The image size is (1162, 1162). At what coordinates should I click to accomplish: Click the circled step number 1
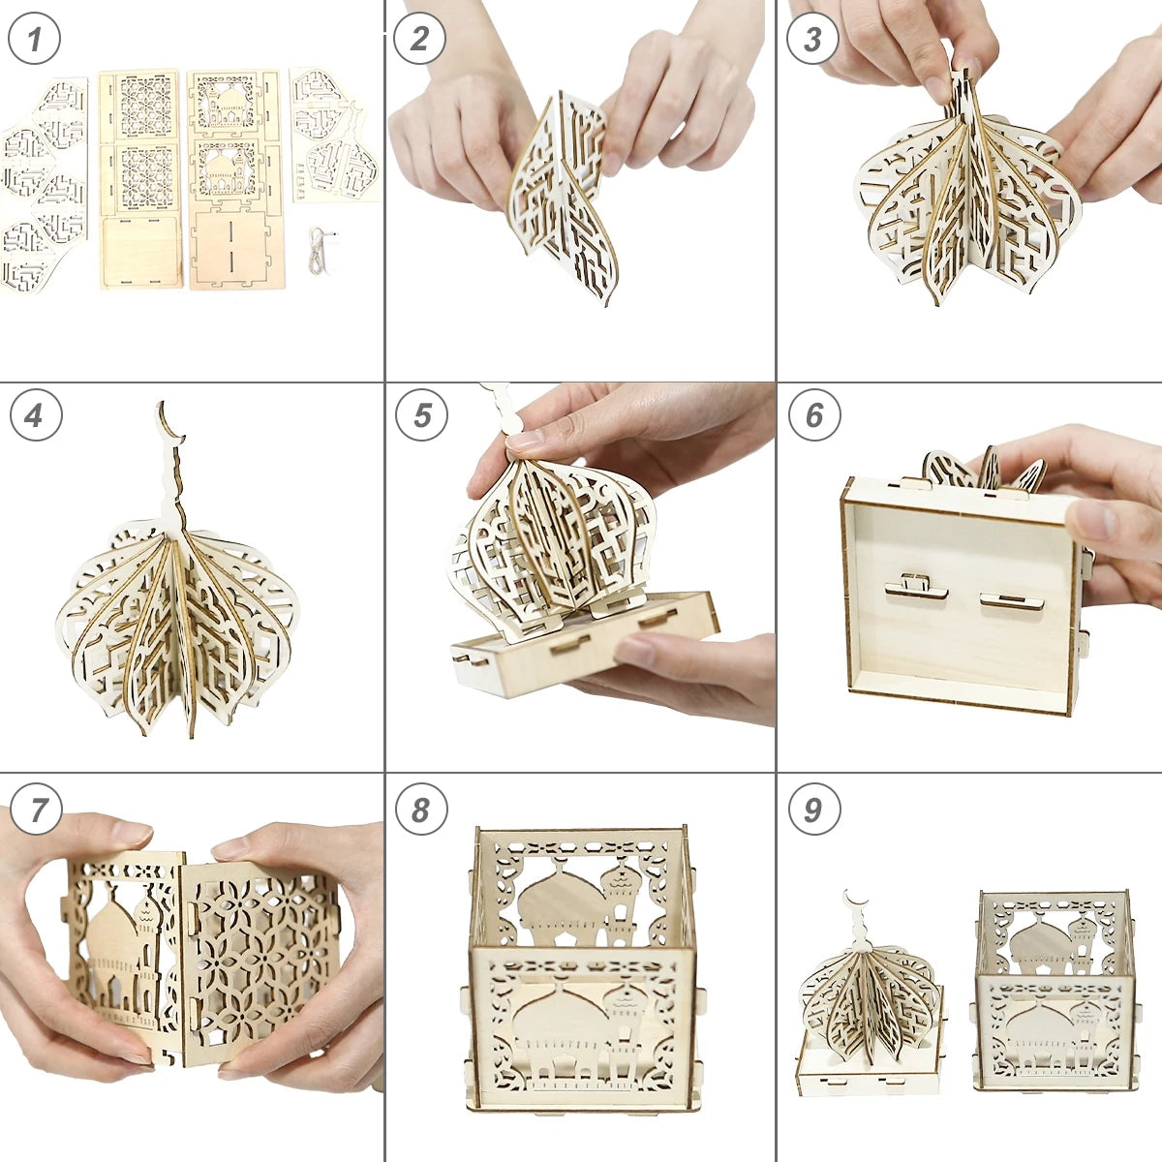[x=34, y=39]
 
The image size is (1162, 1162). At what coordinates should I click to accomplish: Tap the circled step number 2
[x=419, y=39]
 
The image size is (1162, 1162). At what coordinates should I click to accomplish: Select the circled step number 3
[x=812, y=39]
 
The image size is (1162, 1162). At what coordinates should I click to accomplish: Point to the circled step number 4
[x=36, y=415]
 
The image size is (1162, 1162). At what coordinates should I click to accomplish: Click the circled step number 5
[x=421, y=415]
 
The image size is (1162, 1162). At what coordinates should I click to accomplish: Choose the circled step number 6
[x=814, y=415]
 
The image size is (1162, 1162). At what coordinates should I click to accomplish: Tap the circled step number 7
[x=36, y=809]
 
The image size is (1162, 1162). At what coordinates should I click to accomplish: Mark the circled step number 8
[x=421, y=809]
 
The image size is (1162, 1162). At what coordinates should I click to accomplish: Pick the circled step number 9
[x=813, y=809]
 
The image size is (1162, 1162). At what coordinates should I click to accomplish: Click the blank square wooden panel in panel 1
[x=140, y=252]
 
